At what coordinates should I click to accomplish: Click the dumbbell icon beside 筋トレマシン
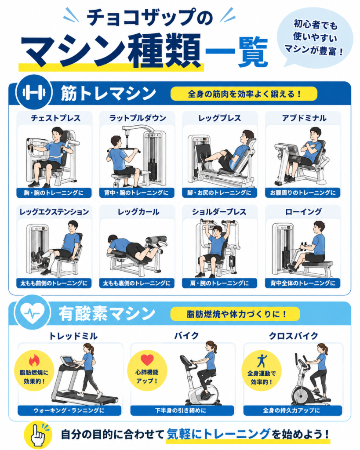(x=34, y=92)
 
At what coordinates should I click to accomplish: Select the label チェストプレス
(x=55, y=118)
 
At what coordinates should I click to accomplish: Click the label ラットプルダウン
(x=138, y=118)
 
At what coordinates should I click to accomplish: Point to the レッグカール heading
(x=138, y=212)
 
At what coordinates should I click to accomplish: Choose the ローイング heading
(x=303, y=212)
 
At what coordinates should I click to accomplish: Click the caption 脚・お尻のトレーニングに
(x=219, y=192)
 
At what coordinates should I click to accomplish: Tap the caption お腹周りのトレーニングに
(x=302, y=192)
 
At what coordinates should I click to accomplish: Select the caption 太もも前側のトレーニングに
(x=54, y=283)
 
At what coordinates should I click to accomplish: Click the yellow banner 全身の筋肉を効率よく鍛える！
(x=244, y=94)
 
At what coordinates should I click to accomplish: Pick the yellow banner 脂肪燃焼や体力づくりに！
(x=235, y=314)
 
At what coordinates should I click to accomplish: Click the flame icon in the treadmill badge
(x=34, y=360)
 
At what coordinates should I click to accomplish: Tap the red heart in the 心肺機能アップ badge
(x=147, y=360)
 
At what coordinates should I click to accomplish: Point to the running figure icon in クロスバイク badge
(x=262, y=361)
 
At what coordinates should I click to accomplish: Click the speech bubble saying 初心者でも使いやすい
(x=315, y=37)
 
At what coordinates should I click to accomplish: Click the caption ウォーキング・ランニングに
(x=69, y=410)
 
